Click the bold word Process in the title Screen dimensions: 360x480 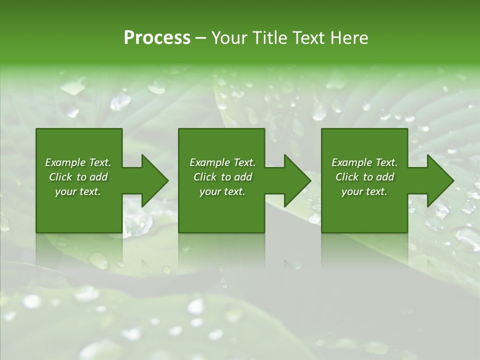click(157, 38)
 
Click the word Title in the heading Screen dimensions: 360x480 click(267, 38)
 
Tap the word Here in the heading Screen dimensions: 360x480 click(349, 38)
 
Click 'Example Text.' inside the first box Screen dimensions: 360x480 click(78, 162)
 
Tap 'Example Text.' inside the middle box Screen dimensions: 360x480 click(222, 162)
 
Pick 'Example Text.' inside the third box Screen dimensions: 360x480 click(364, 162)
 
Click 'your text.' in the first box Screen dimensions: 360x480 click(78, 191)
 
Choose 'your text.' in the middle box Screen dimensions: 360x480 click(222, 191)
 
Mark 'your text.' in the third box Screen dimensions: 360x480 click(364, 191)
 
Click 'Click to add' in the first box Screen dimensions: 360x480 click(78, 177)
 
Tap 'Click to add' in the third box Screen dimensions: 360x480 click(364, 177)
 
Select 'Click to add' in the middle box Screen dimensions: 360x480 click(222, 177)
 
